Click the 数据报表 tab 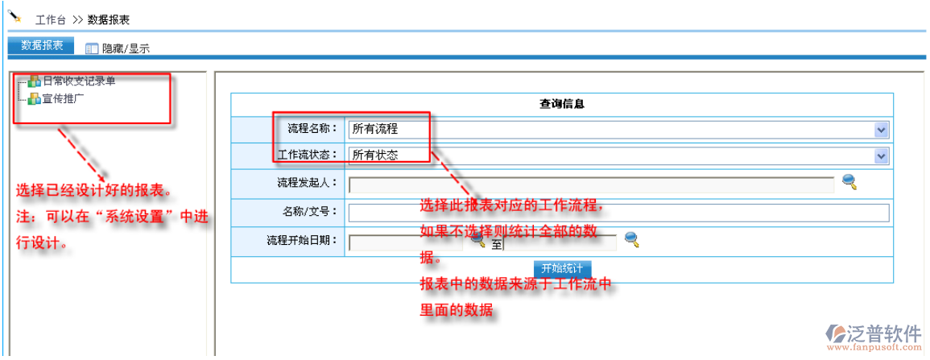click(41, 46)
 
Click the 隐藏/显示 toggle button click(118, 48)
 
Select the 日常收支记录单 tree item click(78, 81)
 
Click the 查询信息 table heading click(561, 104)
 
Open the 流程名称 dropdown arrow click(881, 129)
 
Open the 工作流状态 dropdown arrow click(881, 156)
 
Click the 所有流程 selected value click(375, 129)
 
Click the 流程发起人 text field click(591, 184)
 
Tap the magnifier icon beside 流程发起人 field click(849, 182)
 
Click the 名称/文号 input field click(618, 213)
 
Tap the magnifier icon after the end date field click(632, 239)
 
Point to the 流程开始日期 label click(302, 241)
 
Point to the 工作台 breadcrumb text click(51, 19)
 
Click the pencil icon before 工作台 click(14, 15)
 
